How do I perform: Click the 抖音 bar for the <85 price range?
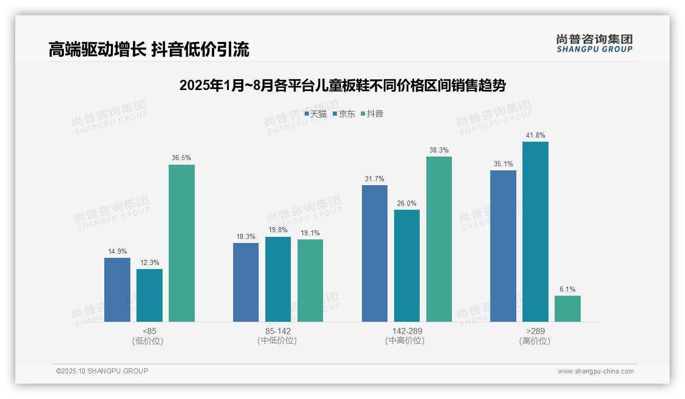(181, 243)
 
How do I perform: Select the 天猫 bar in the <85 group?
(117, 290)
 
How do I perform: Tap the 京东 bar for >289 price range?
(535, 232)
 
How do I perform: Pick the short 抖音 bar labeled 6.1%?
(567, 308)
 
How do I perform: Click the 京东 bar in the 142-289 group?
(407, 265)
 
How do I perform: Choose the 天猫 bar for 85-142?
(246, 282)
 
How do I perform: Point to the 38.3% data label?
(439, 150)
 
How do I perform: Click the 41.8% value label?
(535, 136)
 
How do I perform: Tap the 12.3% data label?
(149, 263)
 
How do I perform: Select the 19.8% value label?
(278, 230)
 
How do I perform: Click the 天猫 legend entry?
(315, 114)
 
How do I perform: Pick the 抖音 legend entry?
(372, 114)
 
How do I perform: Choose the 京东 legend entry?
(344, 114)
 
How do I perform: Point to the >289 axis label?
(535, 331)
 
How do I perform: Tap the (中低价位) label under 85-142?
(278, 341)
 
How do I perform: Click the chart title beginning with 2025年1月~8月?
(342, 85)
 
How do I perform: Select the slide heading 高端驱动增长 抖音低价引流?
(149, 50)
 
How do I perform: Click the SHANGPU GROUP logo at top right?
(594, 43)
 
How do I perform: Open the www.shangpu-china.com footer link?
(596, 371)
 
